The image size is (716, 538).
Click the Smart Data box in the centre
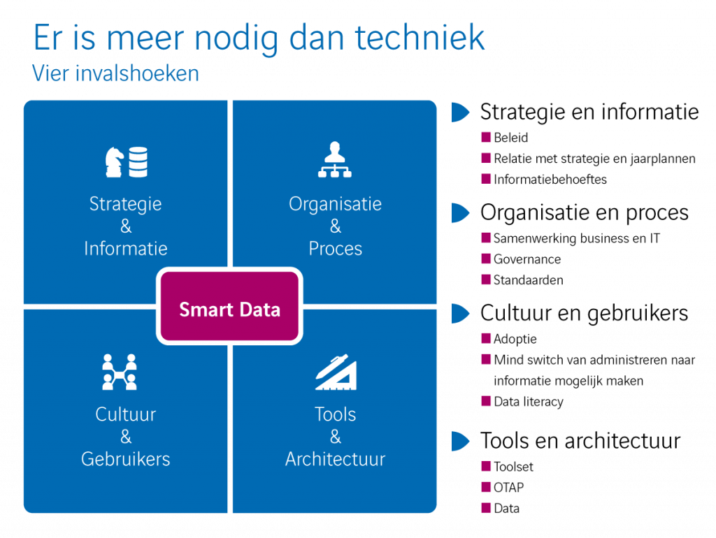coord(229,310)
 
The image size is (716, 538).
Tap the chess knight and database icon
coord(126,162)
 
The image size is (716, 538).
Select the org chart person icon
coord(335,161)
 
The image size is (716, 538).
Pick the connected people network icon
coord(119,372)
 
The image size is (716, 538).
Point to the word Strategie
coord(126,204)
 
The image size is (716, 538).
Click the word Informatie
coord(126,249)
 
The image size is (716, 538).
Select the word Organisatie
coord(336,204)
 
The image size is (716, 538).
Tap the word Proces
coord(336,249)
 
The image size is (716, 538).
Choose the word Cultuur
coord(126,414)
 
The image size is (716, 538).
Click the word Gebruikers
coord(126,459)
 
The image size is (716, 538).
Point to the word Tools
coord(336,414)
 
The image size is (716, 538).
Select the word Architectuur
coord(336,459)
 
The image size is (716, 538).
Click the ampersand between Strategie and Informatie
coord(126,226)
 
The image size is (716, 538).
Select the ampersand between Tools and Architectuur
coord(336,437)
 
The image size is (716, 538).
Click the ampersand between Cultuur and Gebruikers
coord(126,437)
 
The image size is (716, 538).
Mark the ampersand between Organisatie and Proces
coord(336,226)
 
